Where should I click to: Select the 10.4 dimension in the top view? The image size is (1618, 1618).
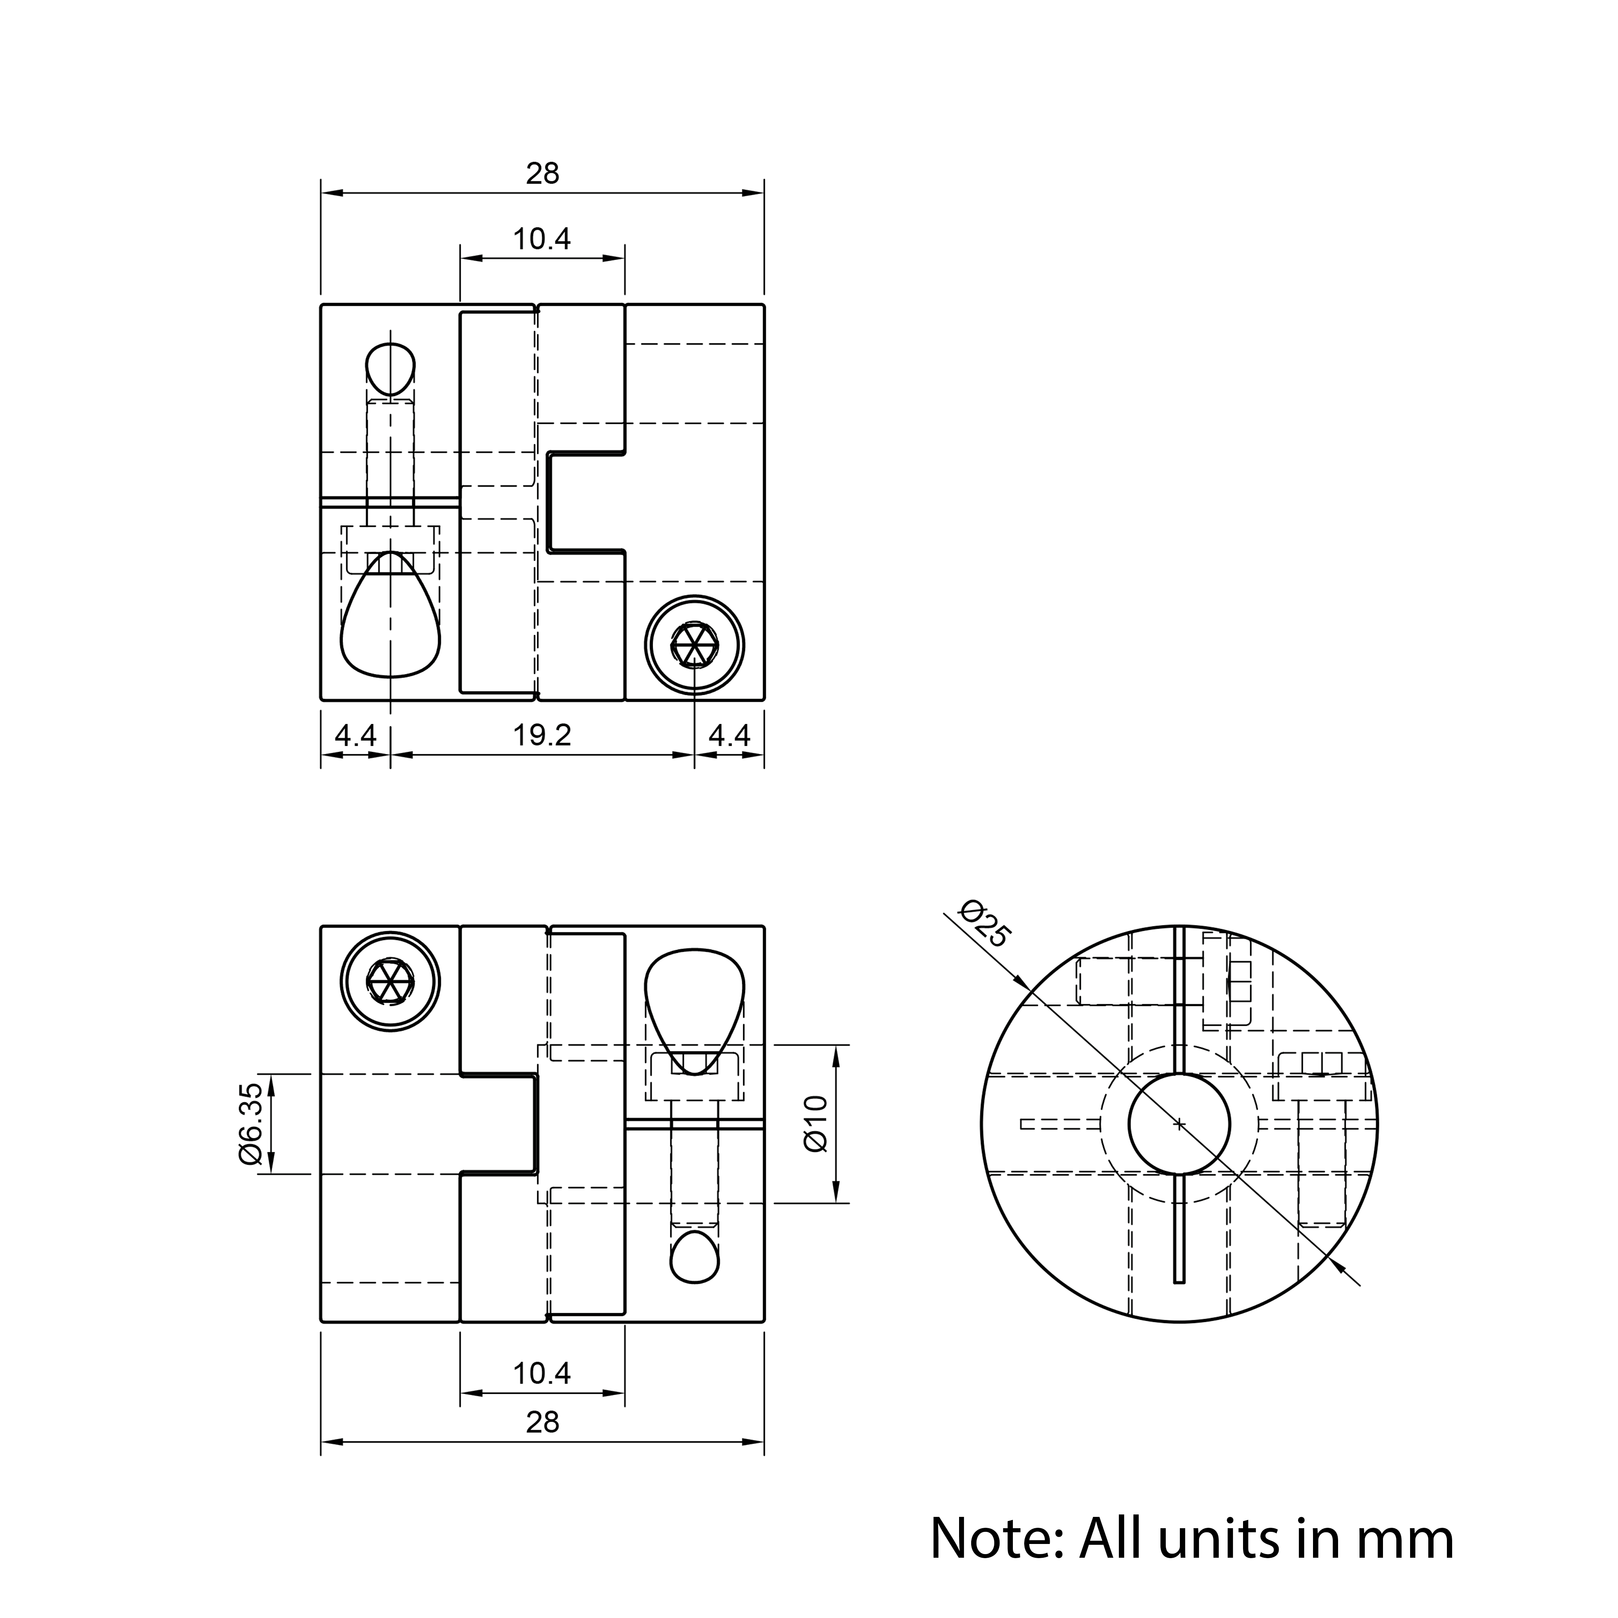pyautogui.click(x=542, y=239)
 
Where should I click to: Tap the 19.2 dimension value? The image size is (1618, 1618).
pyautogui.click(x=542, y=735)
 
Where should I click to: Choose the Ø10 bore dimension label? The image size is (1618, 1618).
pyautogui.click(x=815, y=1124)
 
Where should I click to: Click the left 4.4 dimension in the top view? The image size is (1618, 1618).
pyautogui.click(x=356, y=735)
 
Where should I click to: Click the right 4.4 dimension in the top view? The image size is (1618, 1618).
pyautogui.click(x=729, y=735)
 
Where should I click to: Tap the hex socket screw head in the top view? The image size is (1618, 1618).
pyautogui.click(x=695, y=646)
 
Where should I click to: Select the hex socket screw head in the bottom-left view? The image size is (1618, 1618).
pyautogui.click(x=390, y=981)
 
